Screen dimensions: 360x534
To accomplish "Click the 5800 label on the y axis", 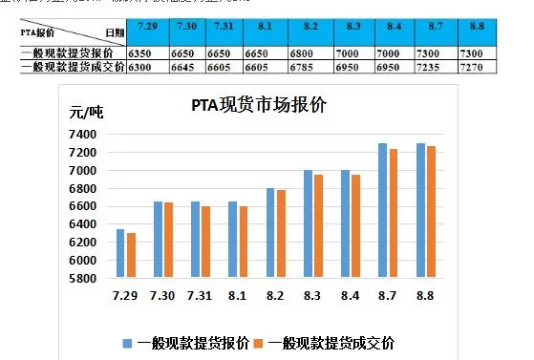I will [84, 278].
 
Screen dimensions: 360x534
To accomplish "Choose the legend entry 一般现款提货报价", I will [186, 343].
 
